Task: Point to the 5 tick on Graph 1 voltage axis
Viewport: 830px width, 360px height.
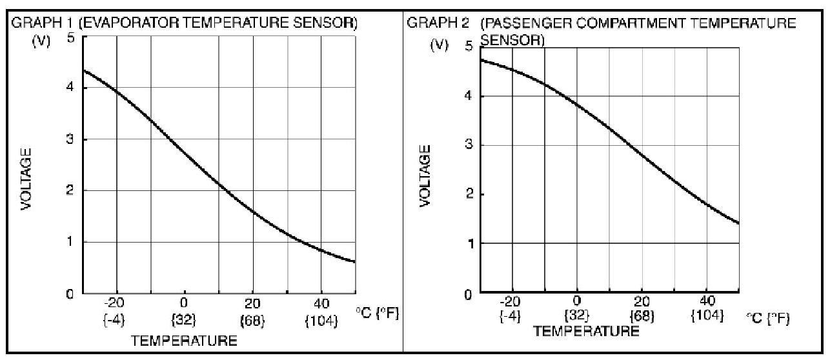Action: coord(70,37)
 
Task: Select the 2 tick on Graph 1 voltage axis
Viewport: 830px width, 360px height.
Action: coord(70,190)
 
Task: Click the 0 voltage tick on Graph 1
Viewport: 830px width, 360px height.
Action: coord(70,294)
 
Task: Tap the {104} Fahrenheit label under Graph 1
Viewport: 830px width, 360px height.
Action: coord(321,321)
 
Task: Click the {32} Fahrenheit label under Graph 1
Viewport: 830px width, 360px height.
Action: coord(184,321)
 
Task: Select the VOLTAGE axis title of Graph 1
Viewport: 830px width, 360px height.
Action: coord(26,179)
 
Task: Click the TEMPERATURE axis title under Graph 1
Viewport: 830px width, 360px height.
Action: coord(184,340)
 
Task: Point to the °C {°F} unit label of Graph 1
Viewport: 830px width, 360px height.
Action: coord(378,313)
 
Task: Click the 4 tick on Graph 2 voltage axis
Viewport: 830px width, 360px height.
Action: coord(468,96)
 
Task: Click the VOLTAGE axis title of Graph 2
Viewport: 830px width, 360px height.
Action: coord(425,175)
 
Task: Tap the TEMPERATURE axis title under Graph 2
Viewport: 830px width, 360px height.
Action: coord(586,331)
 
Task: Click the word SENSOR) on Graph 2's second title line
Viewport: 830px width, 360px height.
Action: coord(512,39)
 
